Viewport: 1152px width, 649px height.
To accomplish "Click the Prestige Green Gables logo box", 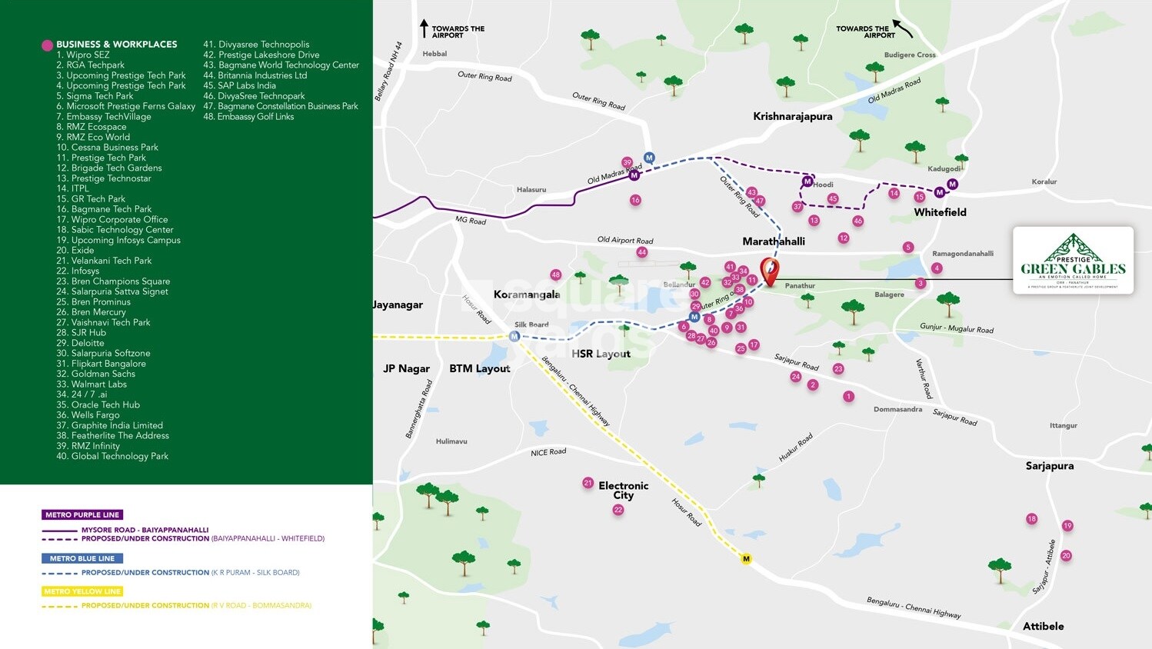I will [x=1073, y=260].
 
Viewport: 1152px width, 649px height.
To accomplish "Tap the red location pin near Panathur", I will [x=769, y=271].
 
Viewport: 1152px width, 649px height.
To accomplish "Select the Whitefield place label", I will [x=940, y=212].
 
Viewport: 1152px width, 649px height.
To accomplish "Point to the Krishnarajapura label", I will [x=792, y=116].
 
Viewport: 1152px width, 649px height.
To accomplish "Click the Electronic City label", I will [x=623, y=490].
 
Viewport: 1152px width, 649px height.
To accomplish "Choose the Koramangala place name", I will [x=527, y=295].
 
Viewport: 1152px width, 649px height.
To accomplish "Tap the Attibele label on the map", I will [x=1043, y=626].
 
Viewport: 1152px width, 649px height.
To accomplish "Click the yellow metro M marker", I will [x=745, y=559].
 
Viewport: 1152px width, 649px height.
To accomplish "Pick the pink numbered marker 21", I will [x=588, y=483].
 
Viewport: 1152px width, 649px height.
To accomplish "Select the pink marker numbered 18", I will [x=1031, y=519].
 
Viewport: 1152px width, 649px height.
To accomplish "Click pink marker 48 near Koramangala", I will [x=555, y=275].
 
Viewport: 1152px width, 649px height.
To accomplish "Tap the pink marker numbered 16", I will [x=635, y=200].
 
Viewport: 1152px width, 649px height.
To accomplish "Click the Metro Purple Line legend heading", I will [x=82, y=514].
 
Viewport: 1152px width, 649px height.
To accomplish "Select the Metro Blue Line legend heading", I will [x=82, y=558].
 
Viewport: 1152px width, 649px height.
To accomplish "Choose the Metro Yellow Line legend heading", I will [x=82, y=591].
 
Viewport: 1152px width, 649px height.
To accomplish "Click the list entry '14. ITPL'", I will [x=72, y=188].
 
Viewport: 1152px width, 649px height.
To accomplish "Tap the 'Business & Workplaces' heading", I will [x=116, y=45].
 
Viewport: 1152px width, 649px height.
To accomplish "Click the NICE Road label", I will [x=548, y=452].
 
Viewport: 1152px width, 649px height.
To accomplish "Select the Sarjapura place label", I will [x=1049, y=466].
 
